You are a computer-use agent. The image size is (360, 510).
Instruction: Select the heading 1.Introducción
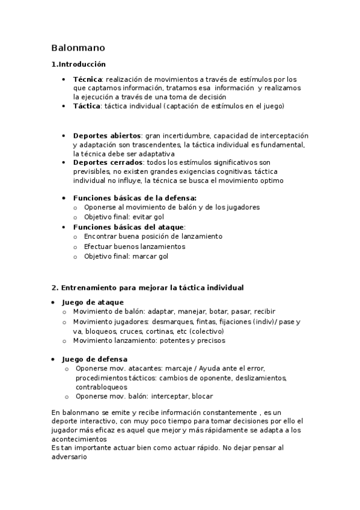point(78,64)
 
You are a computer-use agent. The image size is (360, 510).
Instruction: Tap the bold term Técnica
point(87,79)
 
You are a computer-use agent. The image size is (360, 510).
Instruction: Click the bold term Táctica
point(87,106)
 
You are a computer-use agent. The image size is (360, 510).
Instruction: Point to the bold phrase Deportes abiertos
point(106,136)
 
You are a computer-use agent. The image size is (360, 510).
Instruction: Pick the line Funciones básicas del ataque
point(129,227)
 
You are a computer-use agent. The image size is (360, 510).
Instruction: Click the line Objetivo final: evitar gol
point(124,217)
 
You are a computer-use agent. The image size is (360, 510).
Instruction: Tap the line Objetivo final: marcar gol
point(126,256)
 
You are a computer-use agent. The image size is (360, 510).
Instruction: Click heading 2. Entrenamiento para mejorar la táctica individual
point(147,287)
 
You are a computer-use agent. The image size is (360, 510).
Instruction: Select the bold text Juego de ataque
point(93,302)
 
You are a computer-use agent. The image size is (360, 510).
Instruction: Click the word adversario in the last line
point(69,456)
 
